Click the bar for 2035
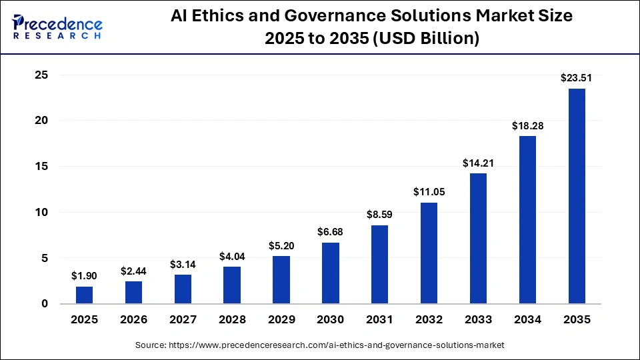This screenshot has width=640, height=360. coord(577,196)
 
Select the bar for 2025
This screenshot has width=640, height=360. coord(84,295)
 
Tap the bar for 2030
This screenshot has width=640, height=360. coord(331,273)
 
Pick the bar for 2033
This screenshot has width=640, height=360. coord(478,239)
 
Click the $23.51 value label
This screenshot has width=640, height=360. coord(577,79)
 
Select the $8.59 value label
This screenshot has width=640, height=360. coord(380,215)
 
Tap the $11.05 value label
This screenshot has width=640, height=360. coord(429,193)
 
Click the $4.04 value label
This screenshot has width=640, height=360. coord(232,257)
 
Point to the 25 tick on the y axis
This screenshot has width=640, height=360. coord(41,75)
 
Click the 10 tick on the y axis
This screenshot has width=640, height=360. coord(41,213)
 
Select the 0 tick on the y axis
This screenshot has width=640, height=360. coord(45,304)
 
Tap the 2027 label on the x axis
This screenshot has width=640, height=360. coord(183,320)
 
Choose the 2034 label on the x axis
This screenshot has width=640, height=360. coord(527,320)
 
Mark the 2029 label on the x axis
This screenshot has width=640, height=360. coord(281,320)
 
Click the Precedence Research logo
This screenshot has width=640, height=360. coord(57,26)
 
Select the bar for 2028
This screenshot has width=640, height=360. coord(232,285)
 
